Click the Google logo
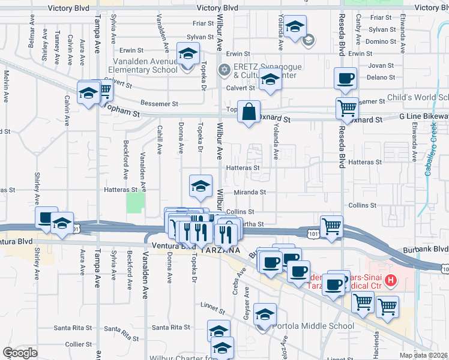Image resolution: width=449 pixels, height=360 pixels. coord(20,353)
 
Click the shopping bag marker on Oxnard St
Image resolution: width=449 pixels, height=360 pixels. coord(249,111)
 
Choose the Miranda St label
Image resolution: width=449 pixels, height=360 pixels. coord(253,192)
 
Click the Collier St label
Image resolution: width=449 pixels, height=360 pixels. coord(78,344)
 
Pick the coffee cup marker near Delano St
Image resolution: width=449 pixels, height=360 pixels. coord(345,78)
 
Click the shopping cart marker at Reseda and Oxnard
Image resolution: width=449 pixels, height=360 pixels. coord(346,108)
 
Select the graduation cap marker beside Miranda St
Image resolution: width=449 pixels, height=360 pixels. coord(201,185)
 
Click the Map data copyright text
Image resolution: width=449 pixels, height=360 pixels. coord(424,355)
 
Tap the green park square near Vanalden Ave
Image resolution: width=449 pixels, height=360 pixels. coord(136,202)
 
